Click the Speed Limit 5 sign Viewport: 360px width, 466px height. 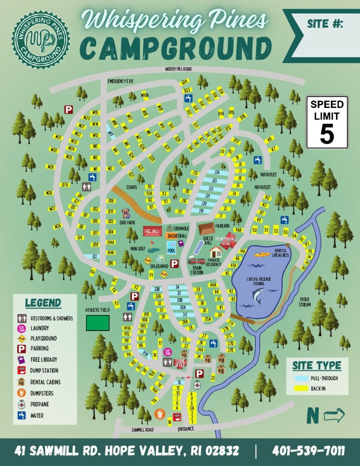point(327,122)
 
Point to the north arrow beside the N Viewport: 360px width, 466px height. point(334,415)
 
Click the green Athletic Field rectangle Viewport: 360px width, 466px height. point(98,323)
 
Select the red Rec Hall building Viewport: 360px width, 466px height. point(153,231)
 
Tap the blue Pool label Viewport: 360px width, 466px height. point(171,250)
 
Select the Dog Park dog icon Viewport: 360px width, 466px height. point(126,213)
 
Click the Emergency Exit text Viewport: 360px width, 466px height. point(120,81)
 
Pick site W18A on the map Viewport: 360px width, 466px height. point(145,96)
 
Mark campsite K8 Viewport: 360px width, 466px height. point(270,139)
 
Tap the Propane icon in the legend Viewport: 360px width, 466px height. point(21,404)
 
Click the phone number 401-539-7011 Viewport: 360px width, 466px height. point(308,451)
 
